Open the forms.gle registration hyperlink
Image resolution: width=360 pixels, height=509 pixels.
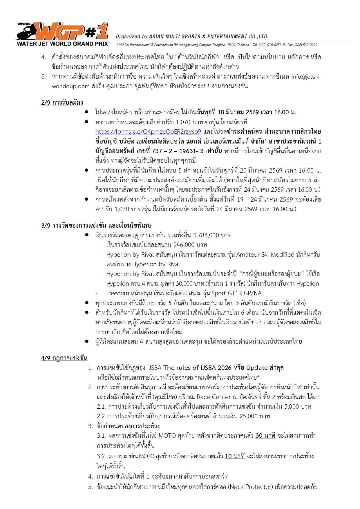148,132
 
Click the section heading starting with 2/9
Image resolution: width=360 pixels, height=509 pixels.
62,102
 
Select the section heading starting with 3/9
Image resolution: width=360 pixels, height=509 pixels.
96,225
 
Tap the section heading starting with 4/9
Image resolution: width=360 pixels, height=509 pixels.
64,358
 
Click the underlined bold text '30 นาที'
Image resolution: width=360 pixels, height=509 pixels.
265,436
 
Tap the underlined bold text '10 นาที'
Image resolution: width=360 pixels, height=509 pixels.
235,456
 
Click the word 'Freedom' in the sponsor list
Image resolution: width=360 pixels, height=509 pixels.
117,293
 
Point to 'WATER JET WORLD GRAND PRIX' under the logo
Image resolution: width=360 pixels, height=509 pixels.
62,44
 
